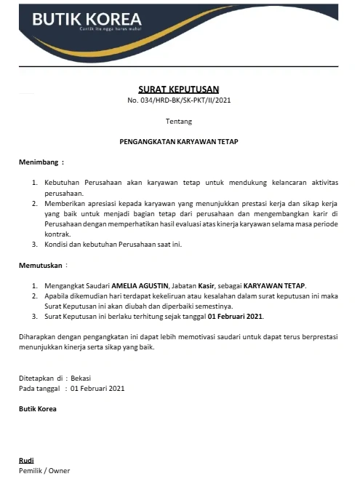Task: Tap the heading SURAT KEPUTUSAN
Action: pyautogui.click(x=178, y=89)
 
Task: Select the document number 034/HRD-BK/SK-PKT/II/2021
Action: pyautogui.click(x=184, y=100)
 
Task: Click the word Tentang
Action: pyautogui.click(x=179, y=121)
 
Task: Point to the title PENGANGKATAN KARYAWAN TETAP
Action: pyautogui.click(x=179, y=141)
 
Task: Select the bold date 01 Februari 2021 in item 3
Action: pyautogui.click(x=236, y=317)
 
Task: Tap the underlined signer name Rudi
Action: pyautogui.click(x=26, y=460)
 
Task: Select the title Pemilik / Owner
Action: pyautogui.click(x=44, y=470)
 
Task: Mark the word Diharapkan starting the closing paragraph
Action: pyautogui.click(x=37, y=336)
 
